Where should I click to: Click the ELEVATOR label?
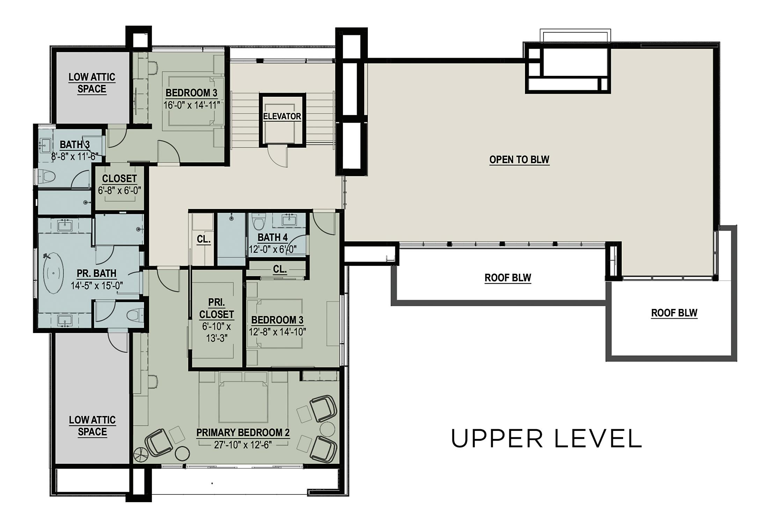click(x=282, y=116)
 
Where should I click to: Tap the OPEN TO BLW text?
click(x=519, y=160)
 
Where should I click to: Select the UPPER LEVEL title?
click(x=547, y=439)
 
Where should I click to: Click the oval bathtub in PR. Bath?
click(x=53, y=273)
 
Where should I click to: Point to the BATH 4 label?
click(x=272, y=238)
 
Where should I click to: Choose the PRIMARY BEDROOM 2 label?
click(x=243, y=433)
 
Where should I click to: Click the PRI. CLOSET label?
click(x=217, y=308)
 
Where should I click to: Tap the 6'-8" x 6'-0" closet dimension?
click(x=119, y=191)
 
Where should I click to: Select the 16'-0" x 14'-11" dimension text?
click(x=192, y=105)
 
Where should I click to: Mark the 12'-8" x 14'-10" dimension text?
click(x=277, y=332)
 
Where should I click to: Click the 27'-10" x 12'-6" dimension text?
click(x=243, y=445)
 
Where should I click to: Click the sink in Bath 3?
click(x=45, y=146)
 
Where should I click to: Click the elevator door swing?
click(x=278, y=157)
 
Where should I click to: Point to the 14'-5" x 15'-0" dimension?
click(x=97, y=286)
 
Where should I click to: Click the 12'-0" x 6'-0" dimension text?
click(x=273, y=249)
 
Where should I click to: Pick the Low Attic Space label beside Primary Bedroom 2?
click(x=92, y=426)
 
